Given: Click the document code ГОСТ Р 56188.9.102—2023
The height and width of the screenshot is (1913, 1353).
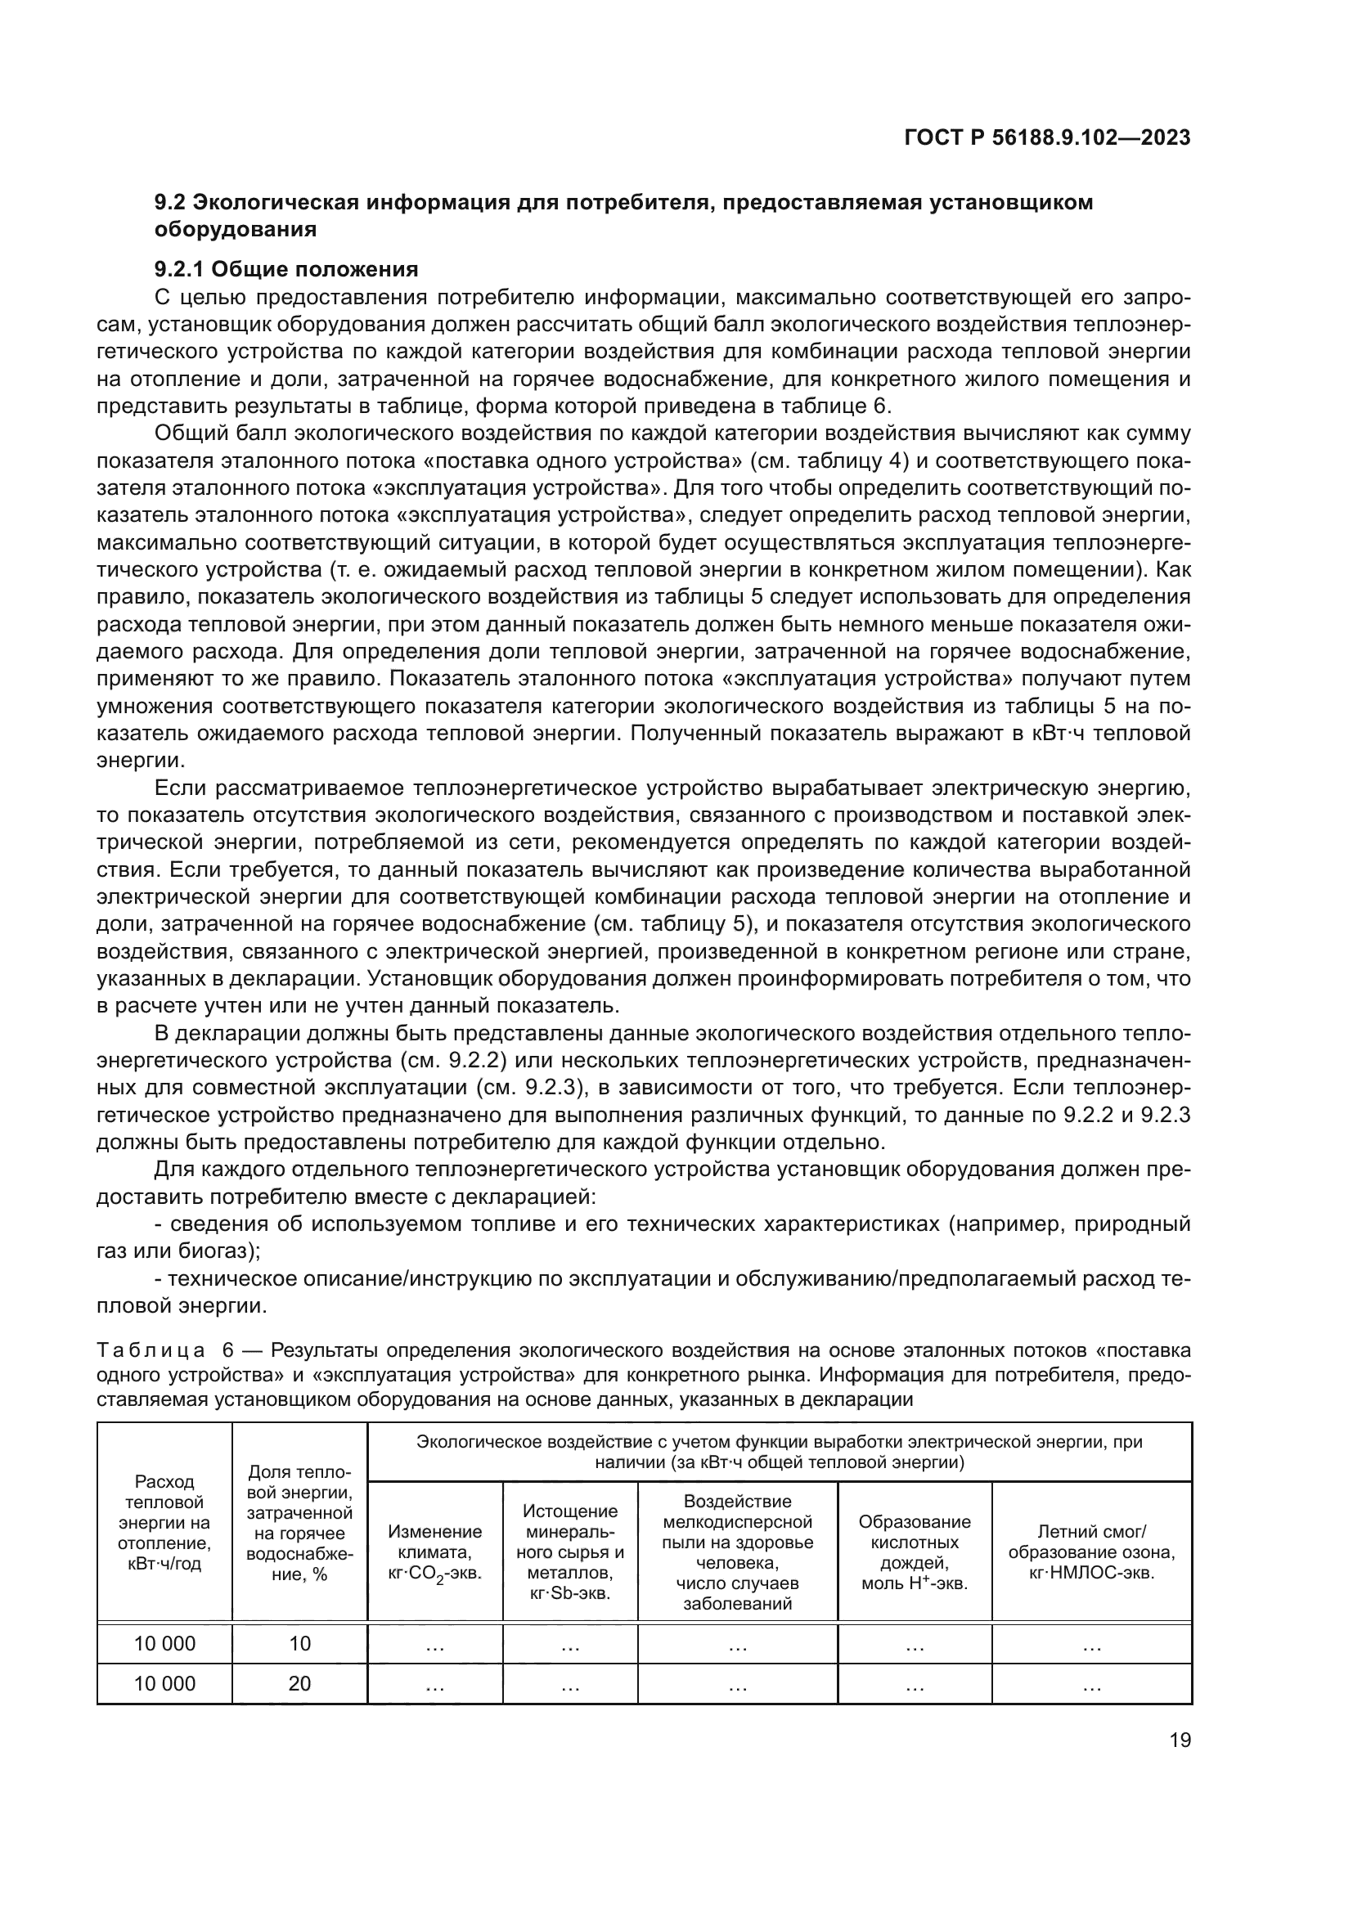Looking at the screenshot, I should [x=1046, y=138].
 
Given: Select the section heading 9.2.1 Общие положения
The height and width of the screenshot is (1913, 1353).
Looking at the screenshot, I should [x=285, y=269].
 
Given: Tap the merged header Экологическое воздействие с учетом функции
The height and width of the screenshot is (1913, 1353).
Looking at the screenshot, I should [x=779, y=1452].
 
